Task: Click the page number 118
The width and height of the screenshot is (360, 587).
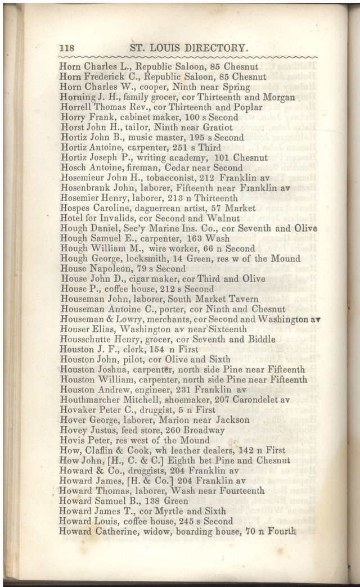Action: pos(67,48)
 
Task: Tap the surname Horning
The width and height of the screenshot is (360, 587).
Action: pos(78,97)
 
